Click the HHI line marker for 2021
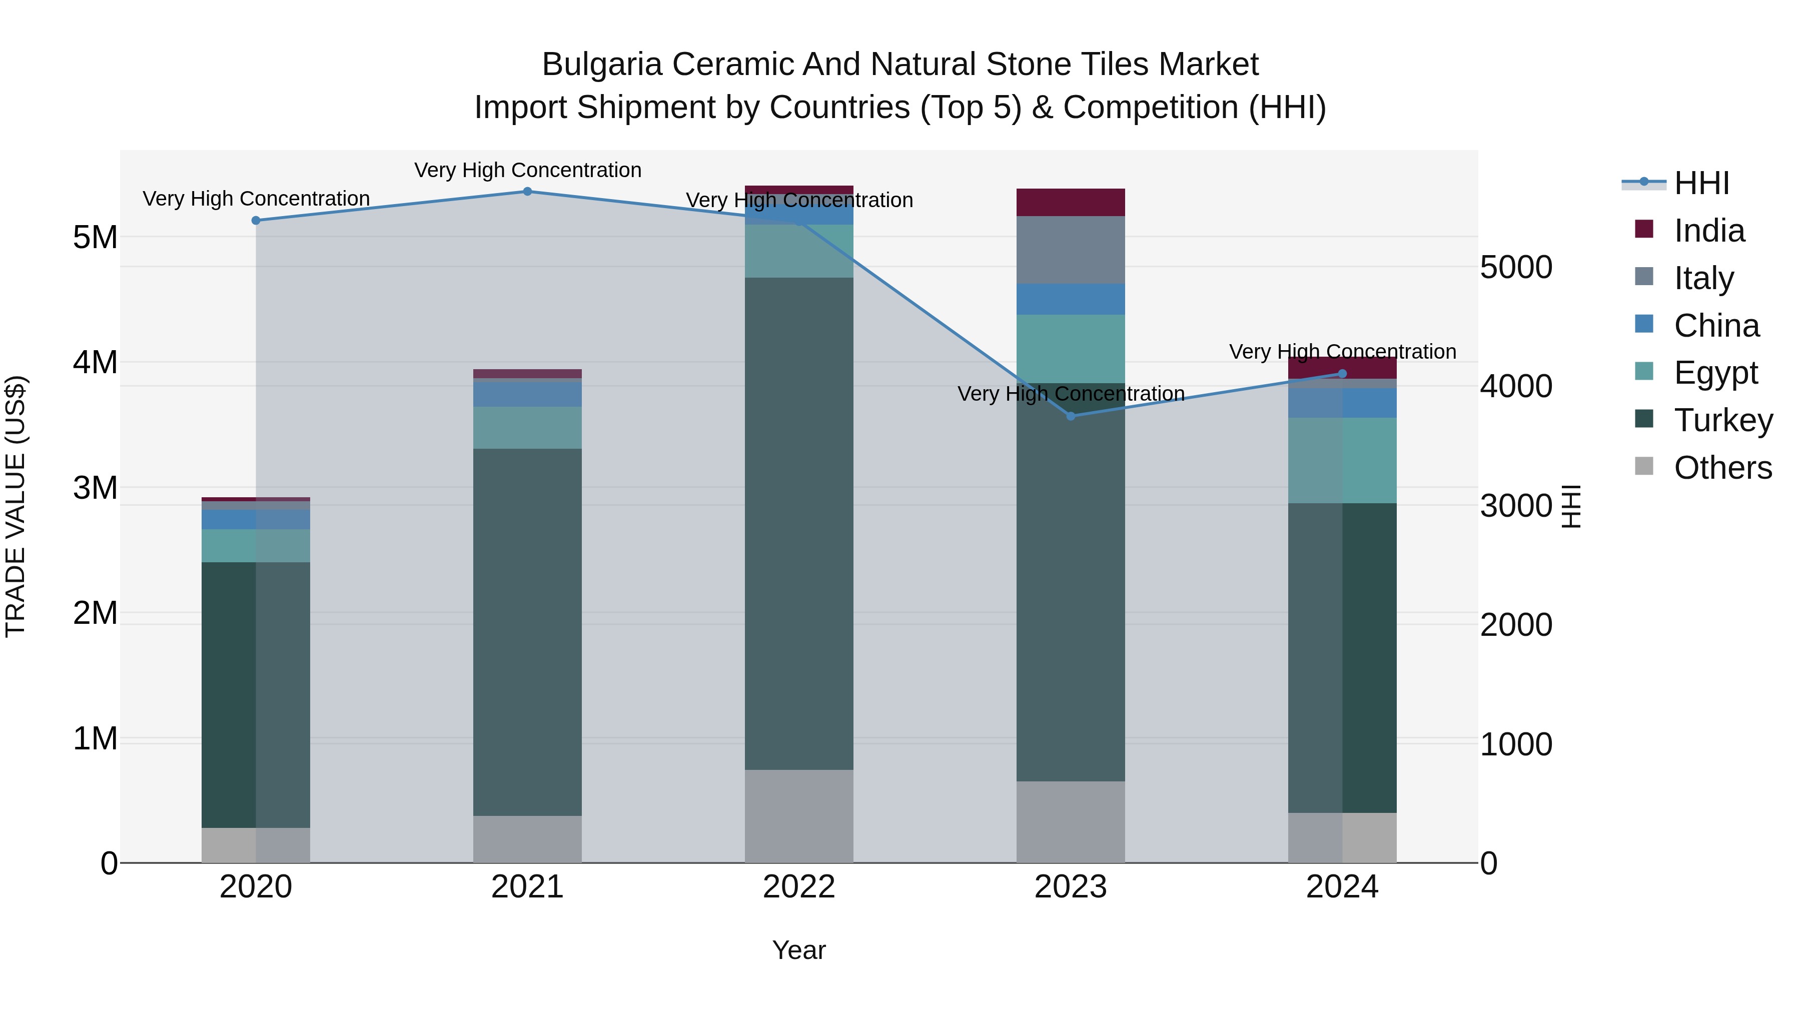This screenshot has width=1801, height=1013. coord(527,192)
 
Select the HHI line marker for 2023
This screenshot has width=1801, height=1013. coord(1071,416)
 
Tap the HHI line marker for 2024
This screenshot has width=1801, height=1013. coord(1342,373)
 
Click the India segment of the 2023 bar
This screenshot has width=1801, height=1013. coord(1071,202)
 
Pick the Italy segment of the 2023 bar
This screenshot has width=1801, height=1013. coord(1071,250)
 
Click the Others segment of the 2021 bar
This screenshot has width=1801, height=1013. coord(527,838)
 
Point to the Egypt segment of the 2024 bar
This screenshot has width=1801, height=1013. coord(1342,460)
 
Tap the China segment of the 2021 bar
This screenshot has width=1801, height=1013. coord(527,394)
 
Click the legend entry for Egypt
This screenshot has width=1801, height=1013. coord(1715,373)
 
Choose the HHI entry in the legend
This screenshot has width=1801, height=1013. coord(1701,183)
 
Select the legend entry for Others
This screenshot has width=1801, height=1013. coord(1722,468)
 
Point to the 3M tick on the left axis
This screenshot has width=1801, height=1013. coord(95,487)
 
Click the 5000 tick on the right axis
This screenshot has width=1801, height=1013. coord(1516,267)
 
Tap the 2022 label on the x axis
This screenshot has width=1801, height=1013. coord(798,887)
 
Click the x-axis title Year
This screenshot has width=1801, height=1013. coord(798,950)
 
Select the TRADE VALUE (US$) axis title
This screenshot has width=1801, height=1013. coord(16,506)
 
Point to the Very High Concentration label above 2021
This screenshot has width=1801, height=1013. coord(527,170)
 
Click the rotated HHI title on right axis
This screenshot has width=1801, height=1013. coord(1570,506)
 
